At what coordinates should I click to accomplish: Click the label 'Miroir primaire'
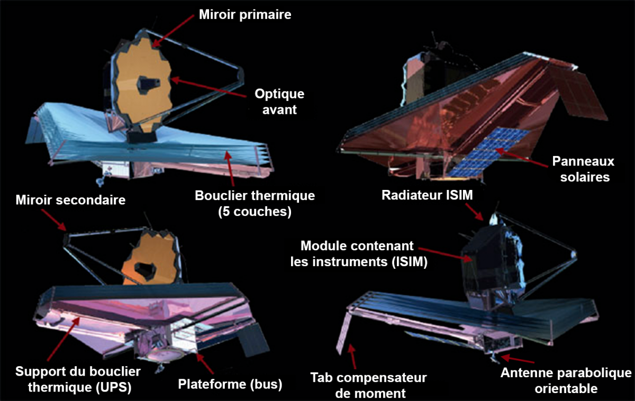pyautogui.click(x=245, y=15)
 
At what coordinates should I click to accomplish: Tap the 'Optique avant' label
pyautogui.click(x=279, y=102)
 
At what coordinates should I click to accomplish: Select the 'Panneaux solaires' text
pyautogui.click(x=583, y=169)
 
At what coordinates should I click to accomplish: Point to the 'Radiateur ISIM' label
pyautogui.click(x=427, y=195)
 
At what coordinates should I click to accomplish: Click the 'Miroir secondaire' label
pyautogui.click(x=70, y=200)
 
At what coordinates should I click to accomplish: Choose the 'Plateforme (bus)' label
pyautogui.click(x=230, y=384)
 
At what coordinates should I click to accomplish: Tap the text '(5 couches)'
pyautogui.click(x=255, y=212)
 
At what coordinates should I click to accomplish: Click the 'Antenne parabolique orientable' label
pyautogui.click(x=566, y=380)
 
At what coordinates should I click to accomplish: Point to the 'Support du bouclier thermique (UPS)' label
pyautogui.click(x=78, y=379)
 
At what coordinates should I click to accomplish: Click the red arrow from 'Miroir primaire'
pyautogui.click(x=173, y=31)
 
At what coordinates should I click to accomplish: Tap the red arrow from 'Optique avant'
pyautogui.click(x=208, y=87)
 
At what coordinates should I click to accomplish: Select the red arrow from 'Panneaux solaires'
pyautogui.click(x=522, y=158)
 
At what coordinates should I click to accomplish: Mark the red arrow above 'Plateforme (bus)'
pyautogui.click(x=205, y=363)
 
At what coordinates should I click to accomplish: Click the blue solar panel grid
pyautogui.click(x=488, y=152)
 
